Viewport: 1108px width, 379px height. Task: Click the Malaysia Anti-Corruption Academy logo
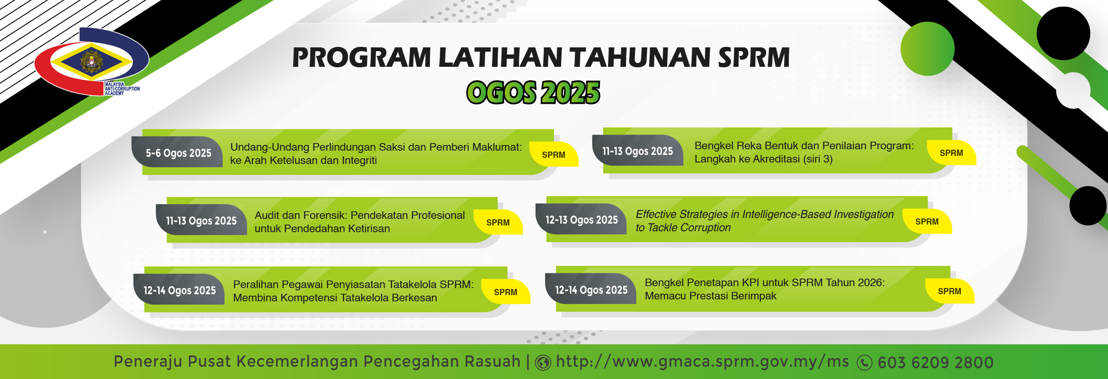91,62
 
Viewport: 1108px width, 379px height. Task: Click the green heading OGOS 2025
533,92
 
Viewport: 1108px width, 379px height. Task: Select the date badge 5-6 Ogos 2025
178,153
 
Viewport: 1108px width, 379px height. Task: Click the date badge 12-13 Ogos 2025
581,220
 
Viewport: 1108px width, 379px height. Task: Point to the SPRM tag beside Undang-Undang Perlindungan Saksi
554,155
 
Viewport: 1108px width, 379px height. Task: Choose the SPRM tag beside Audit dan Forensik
498,223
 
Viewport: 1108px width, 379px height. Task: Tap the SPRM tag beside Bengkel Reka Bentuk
951,153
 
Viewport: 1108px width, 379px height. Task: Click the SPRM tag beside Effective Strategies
927,222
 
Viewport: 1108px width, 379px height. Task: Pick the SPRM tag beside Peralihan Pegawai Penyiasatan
505,292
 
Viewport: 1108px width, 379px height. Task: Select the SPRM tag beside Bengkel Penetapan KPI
949,291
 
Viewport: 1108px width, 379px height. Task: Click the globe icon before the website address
543,363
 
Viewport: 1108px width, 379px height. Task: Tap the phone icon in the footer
865,363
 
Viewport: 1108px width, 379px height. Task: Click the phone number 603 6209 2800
936,362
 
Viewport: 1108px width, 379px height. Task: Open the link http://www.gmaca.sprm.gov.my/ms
703,362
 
